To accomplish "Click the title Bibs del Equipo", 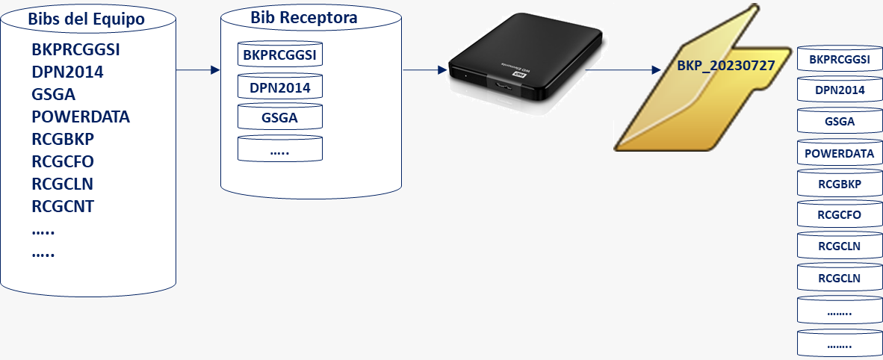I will click(87, 19).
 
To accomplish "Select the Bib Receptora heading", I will click(303, 16).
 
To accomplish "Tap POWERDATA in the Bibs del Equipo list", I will click(81, 117).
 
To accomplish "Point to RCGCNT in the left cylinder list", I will click(63, 207).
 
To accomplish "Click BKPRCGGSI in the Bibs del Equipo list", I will click(76, 50).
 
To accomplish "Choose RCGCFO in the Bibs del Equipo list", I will click(63, 162).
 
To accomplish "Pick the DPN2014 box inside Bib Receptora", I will click(280, 88).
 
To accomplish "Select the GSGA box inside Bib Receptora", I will click(280, 118).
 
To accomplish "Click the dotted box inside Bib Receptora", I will click(280, 149).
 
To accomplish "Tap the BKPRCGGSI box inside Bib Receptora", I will click(280, 55).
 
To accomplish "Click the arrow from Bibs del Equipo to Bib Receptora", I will click(198, 70).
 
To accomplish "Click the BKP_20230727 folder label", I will click(725, 66).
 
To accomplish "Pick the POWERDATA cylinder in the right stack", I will click(840, 153).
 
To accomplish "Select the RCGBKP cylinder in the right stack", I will click(840, 184).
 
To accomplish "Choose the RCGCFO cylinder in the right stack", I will click(840, 216).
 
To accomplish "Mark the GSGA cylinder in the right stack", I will click(840, 122).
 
